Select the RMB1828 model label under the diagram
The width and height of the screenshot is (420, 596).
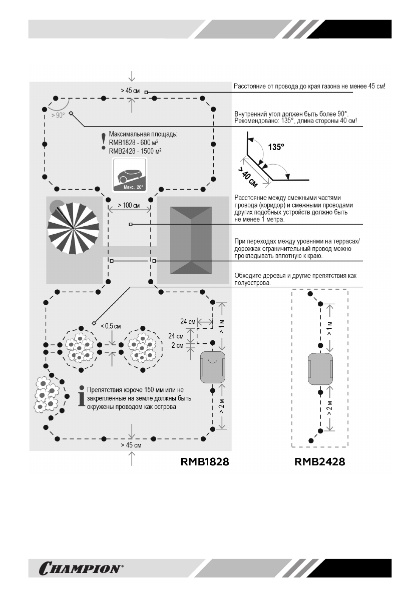205,462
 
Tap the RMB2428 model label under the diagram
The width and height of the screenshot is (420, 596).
320,462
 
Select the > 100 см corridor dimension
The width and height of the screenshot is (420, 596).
128,206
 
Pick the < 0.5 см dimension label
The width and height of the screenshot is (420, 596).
110,326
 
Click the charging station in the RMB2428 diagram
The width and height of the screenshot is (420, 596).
320,368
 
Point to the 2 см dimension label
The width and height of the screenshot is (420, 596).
178,345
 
